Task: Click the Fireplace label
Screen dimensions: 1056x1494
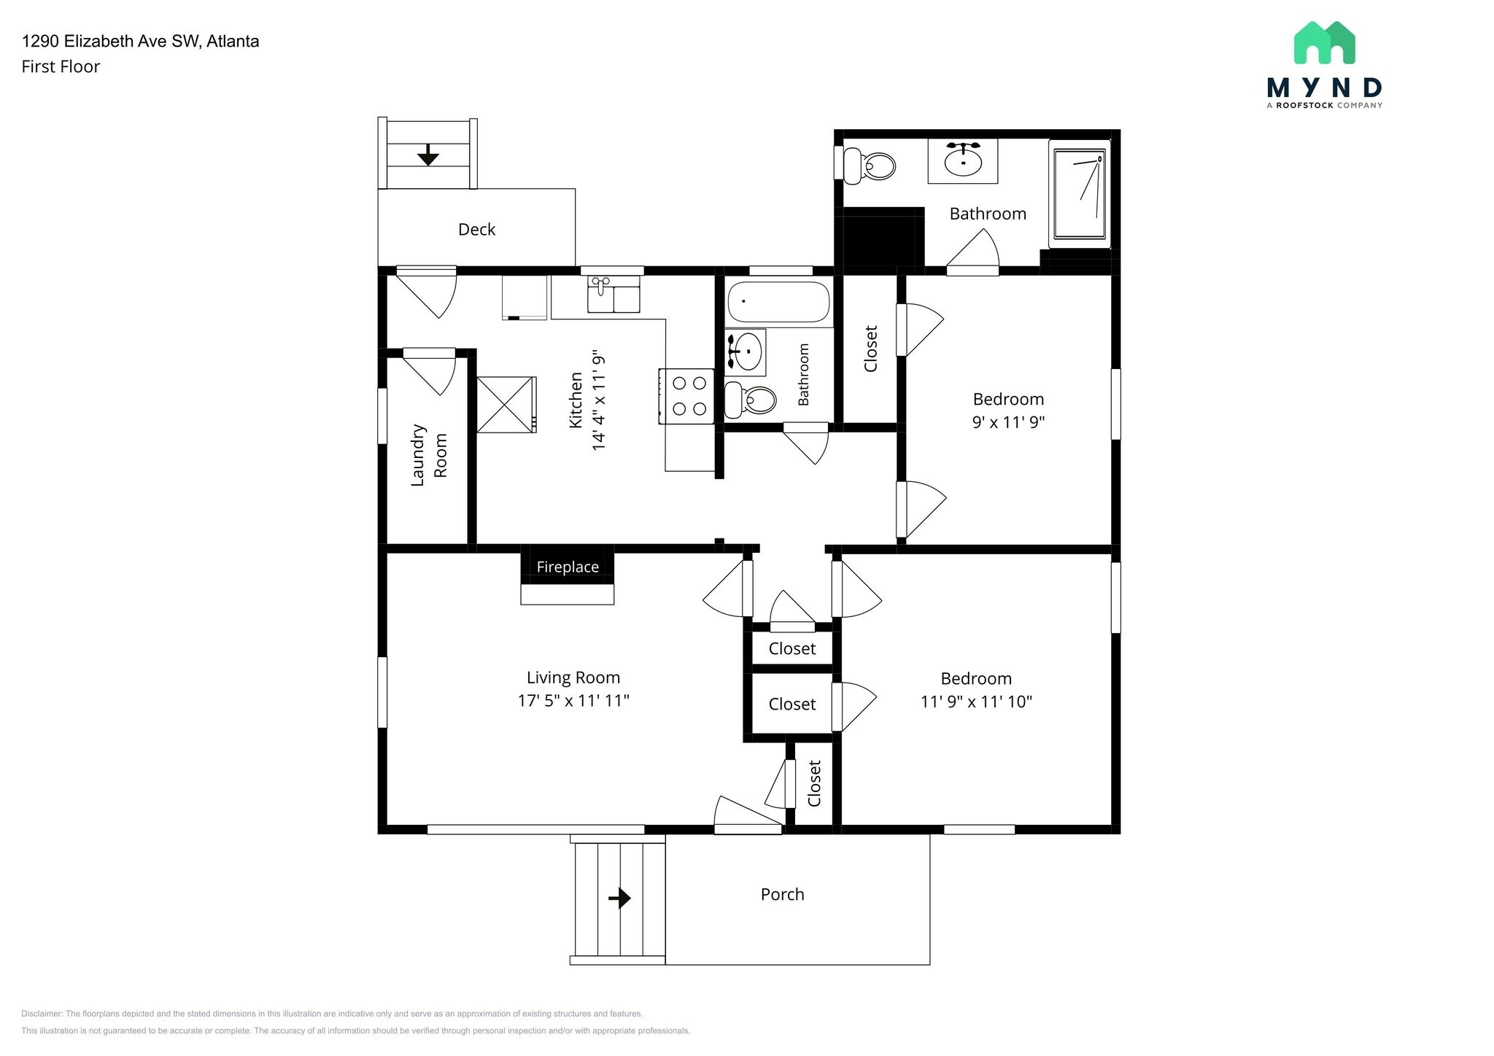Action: coord(568,567)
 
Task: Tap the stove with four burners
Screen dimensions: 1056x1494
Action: coord(686,396)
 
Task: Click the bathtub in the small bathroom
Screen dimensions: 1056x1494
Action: coord(778,302)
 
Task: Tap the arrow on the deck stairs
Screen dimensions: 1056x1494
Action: coord(427,155)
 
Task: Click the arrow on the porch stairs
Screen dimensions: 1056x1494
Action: coord(619,898)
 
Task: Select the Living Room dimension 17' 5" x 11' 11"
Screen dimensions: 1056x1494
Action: coord(573,701)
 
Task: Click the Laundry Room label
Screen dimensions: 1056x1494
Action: coord(429,455)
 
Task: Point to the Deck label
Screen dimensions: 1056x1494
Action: coord(476,230)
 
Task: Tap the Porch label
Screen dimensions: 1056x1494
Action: coord(782,895)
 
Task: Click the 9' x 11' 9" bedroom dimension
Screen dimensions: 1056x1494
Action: coord(1008,422)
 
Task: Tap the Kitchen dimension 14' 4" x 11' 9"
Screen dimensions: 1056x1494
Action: coord(598,400)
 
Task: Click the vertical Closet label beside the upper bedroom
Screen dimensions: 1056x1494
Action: coord(870,349)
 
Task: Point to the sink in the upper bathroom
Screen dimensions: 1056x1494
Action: coord(962,160)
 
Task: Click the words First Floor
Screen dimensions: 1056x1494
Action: coord(61,67)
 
